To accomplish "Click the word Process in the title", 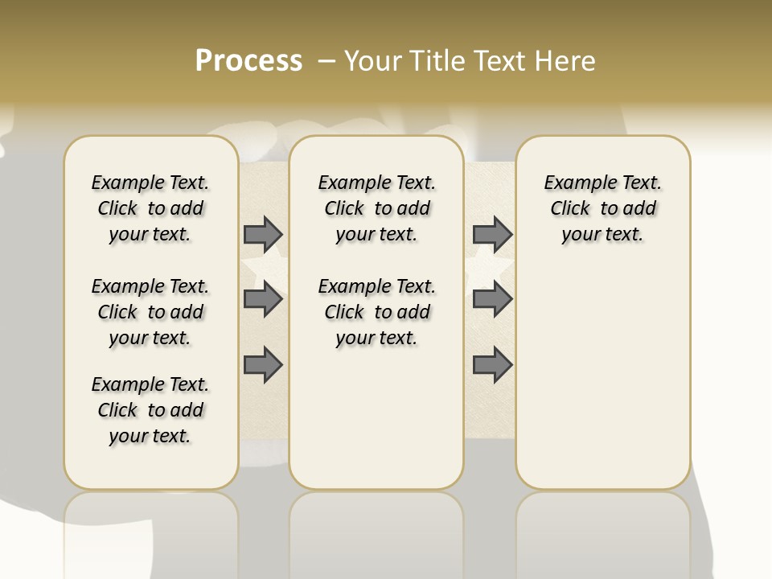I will point(248,60).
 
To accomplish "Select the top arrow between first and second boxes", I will point(263,234).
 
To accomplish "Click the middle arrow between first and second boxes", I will point(263,299).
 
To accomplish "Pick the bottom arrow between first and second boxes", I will point(263,365).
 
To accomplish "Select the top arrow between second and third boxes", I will point(492,234).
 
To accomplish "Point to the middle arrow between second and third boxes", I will point(492,299).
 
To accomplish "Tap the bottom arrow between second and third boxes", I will point(492,365).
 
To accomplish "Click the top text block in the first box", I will point(150,208).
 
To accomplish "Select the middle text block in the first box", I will point(150,312).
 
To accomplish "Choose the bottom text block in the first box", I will point(150,410).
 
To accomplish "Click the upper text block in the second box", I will point(376,208).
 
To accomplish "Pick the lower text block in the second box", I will point(376,312).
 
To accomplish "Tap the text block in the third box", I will point(602,208).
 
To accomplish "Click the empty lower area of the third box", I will point(602,378).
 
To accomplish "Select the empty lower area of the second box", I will point(376,418).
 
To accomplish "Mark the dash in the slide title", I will point(326,60).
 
